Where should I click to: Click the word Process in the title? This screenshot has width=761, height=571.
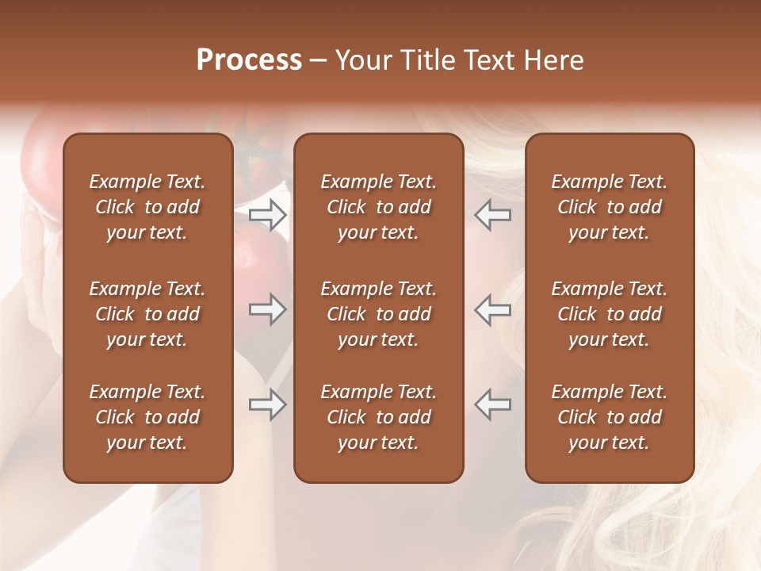click(249, 60)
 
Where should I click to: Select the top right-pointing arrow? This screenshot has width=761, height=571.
click(267, 215)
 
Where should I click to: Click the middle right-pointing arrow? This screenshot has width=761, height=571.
click(267, 309)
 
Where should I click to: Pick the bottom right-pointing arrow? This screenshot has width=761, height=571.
click(267, 404)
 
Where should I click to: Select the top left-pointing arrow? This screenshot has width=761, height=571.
click(493, 215)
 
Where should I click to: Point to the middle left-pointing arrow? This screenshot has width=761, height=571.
click(493, 309)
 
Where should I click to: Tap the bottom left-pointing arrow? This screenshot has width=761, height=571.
click(493, 404)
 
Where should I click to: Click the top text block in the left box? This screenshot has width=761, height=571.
click(147, 207)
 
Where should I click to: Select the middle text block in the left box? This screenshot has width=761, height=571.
click(147, 314)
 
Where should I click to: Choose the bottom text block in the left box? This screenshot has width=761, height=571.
click(147, 417)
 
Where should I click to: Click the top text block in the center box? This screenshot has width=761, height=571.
click(378, 207)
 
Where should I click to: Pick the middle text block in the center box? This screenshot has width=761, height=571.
click(378, 314)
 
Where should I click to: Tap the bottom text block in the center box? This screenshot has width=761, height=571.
click(378, 417)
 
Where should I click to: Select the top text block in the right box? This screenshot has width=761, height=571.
click(609, 207)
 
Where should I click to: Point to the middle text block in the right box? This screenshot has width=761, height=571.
click(609, 314)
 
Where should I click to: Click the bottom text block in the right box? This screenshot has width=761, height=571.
click(609, 417)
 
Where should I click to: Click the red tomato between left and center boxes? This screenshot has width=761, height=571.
click(262, 262)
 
